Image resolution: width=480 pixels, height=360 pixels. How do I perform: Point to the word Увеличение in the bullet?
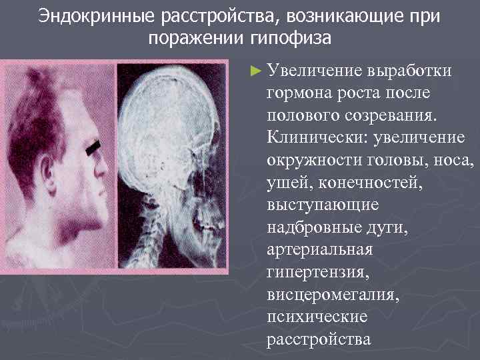[309, 70]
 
